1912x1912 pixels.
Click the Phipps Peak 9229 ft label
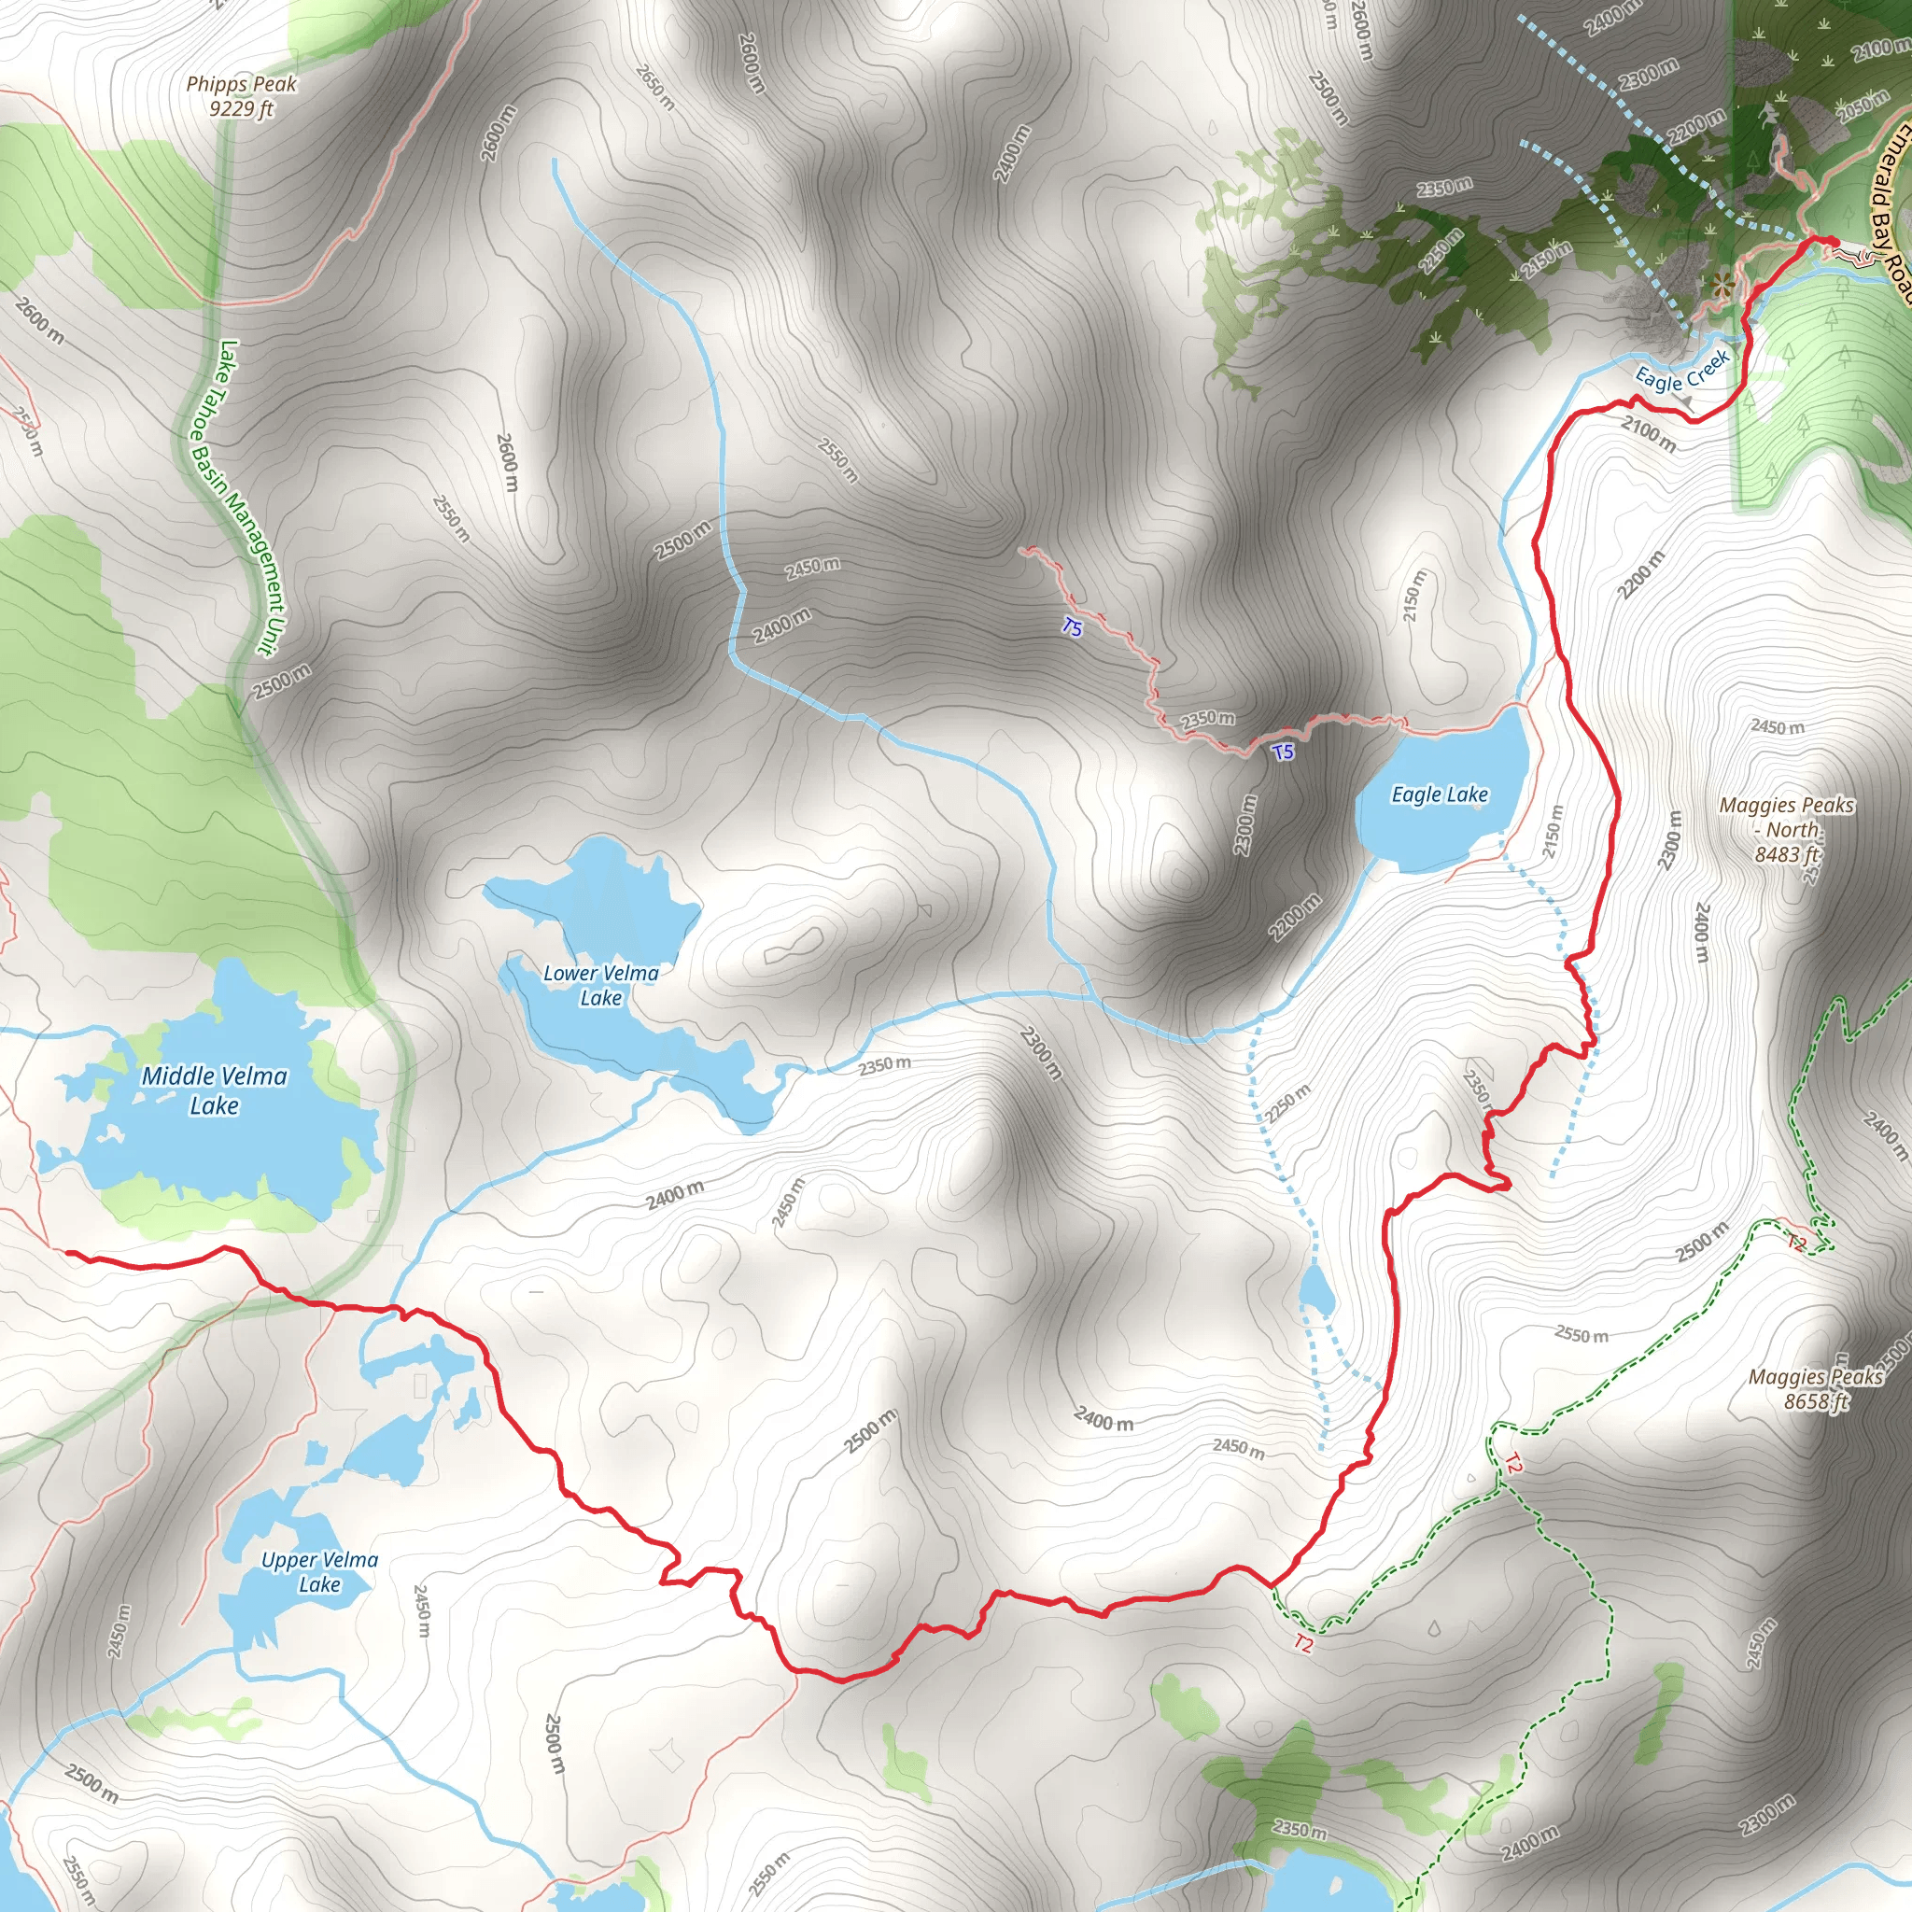point(242,96)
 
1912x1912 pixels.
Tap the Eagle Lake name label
point(1439,794)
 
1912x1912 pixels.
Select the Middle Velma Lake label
point(214,1090)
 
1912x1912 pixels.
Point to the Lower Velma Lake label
point(600,986)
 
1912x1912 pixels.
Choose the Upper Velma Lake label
point(319,1571)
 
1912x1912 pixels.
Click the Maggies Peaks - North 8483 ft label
point(1786,829)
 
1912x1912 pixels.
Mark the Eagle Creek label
point(1681,373)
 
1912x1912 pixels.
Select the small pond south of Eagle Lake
point(1315,1291)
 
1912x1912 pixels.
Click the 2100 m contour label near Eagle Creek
point(1649,433)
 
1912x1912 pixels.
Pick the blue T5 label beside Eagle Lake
point(1283,752)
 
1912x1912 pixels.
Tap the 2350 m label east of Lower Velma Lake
point(884,1065)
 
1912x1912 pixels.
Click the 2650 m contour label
point(654,87)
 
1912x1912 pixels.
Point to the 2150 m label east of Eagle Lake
point(1553,830)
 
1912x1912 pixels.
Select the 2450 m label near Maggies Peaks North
point(1778,727)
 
